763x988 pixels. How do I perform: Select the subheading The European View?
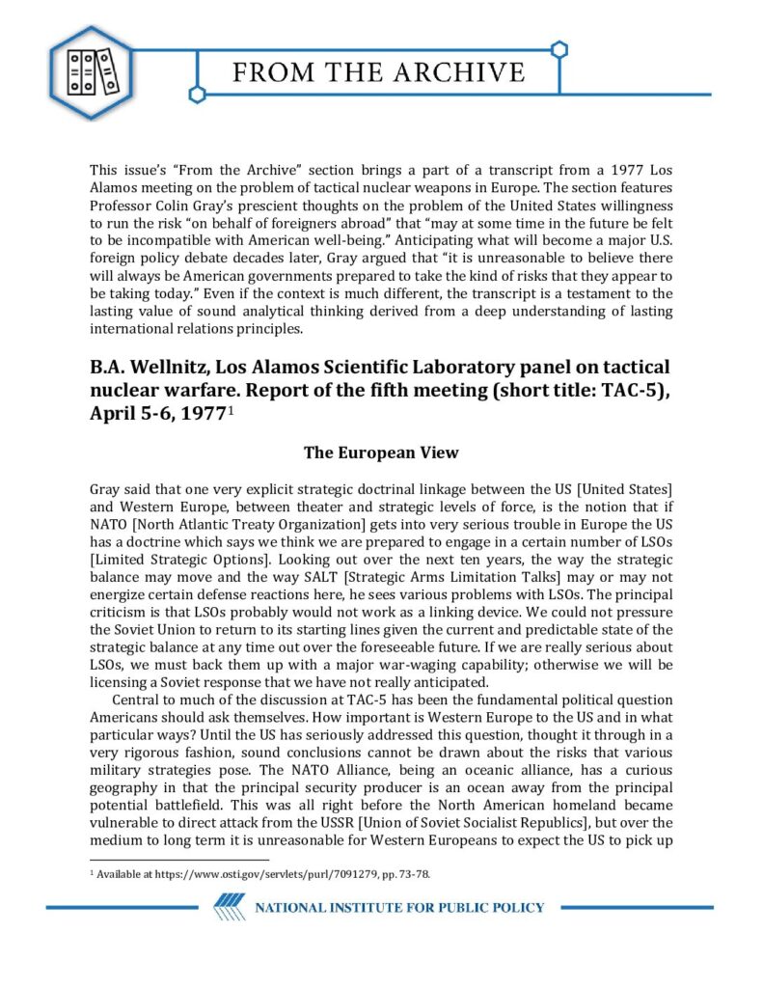click(x=381, y=453)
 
